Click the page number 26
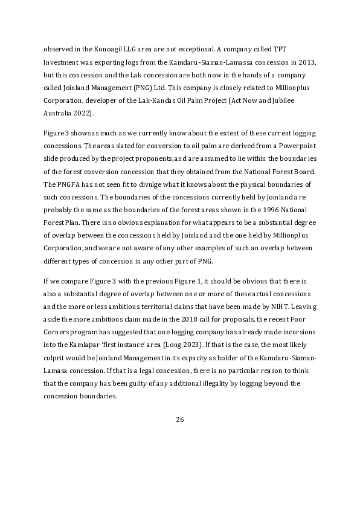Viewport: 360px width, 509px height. pyautogui.click(x=179, y=420)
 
